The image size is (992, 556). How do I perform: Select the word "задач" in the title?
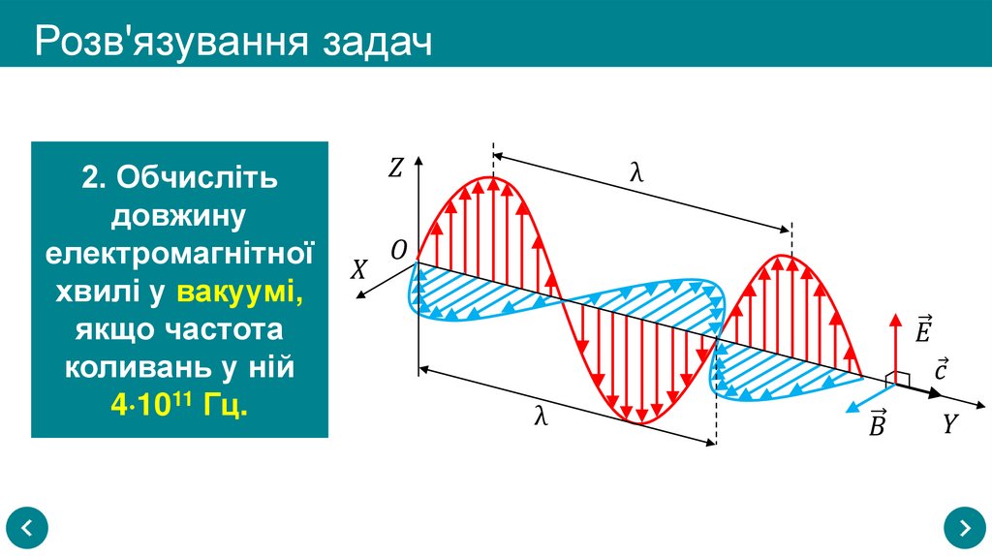tap(378, 44)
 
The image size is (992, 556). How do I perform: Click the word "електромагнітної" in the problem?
tap(180, 254)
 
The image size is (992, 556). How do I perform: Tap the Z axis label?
tap(395, 169)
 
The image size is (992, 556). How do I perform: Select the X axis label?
tap(358, 270)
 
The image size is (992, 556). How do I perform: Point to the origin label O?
tap(398, 251)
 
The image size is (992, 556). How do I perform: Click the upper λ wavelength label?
tap(636, 172)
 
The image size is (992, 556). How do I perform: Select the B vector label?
tap(877, 423)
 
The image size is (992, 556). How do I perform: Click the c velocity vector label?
tap(941, 369)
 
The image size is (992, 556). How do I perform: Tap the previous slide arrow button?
tap(27, 528)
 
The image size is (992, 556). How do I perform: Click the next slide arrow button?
tap(964, 528)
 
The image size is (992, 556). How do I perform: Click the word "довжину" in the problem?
tap(180, 215)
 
